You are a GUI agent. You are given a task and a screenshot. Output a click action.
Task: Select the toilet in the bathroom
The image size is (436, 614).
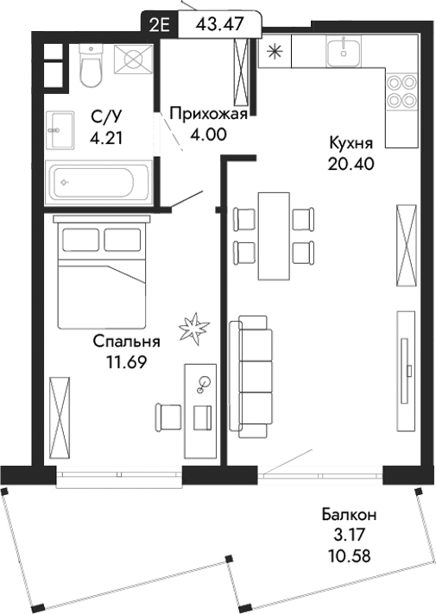point(91,66)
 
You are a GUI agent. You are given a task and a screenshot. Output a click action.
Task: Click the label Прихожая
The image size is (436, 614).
point(209,113)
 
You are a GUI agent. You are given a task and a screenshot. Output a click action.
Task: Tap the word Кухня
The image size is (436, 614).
point(350,141)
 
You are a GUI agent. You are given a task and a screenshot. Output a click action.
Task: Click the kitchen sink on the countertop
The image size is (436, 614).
point(349,51)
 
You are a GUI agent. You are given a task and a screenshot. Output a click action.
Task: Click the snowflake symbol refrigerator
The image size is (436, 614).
point(275,51)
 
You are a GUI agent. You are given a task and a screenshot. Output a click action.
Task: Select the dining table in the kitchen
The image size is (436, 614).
point(275,235)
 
